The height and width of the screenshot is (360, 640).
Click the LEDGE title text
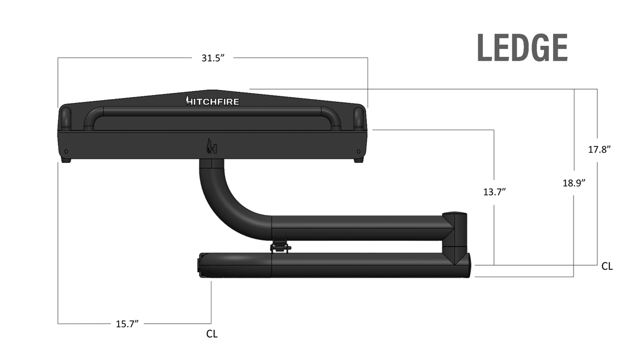tap(522, 48)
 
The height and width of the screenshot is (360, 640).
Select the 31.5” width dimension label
tap(213, 58)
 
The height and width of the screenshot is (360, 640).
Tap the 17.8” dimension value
tap(599, 149)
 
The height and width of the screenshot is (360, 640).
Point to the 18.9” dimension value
tap(574, 183)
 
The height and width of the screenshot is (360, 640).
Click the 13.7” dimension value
tap(494, 191)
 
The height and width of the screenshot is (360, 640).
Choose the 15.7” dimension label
tap(127, 324)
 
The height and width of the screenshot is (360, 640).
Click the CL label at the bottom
tap(212, 334)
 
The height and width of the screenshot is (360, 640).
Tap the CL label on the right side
tap(607, 267)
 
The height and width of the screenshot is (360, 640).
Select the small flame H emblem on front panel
tap(211, 147)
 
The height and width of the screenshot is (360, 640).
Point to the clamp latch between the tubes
tap(280, 247)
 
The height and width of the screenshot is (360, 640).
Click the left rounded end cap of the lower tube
tap(200, 264)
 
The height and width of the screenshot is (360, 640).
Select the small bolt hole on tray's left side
tap(66, 152)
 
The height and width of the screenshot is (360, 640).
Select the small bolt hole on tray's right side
tap(359, 152)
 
